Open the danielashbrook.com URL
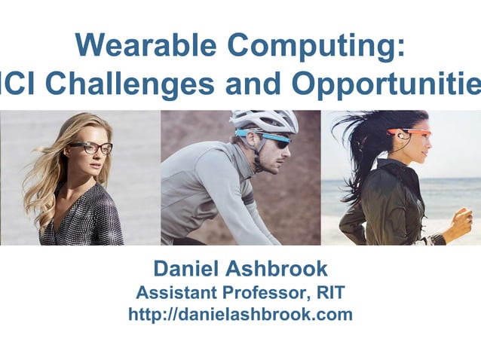240,315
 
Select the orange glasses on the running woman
412,133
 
